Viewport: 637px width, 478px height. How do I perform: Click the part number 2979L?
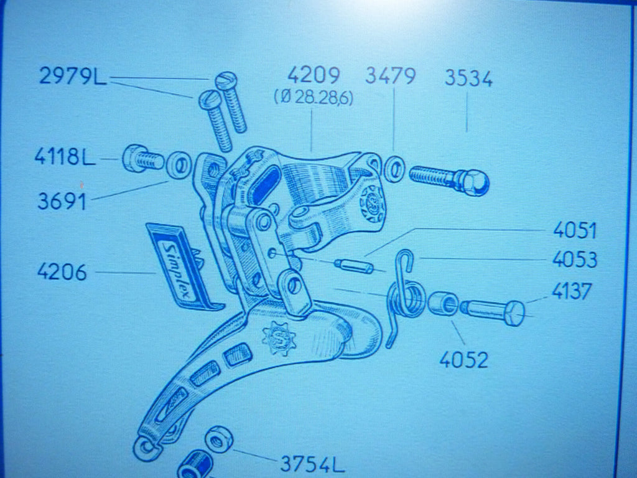point(73,76)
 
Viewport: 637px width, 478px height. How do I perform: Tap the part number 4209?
point(314,75)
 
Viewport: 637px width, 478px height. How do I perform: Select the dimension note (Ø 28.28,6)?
point(314,98)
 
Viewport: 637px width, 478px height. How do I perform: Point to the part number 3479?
point(391,76)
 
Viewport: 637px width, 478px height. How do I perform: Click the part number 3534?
point(468,78)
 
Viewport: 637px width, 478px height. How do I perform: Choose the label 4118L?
point(65,156)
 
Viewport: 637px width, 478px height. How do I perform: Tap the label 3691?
point(62,201)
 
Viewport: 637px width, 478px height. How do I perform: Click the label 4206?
point(62,272)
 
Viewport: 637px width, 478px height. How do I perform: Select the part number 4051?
point(574,231)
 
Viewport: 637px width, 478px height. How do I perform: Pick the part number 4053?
point(574,260)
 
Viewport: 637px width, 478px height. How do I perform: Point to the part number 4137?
point(572,291)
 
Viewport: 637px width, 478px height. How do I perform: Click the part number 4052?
point(463,360)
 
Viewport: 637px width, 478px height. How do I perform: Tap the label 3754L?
point(312,464)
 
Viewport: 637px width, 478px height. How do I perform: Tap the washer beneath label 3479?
point(394,169)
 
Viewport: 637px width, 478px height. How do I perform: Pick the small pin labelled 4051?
point(353,266)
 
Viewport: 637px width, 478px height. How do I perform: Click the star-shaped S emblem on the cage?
point(279,337)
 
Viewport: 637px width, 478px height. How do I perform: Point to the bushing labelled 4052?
point(443,303)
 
